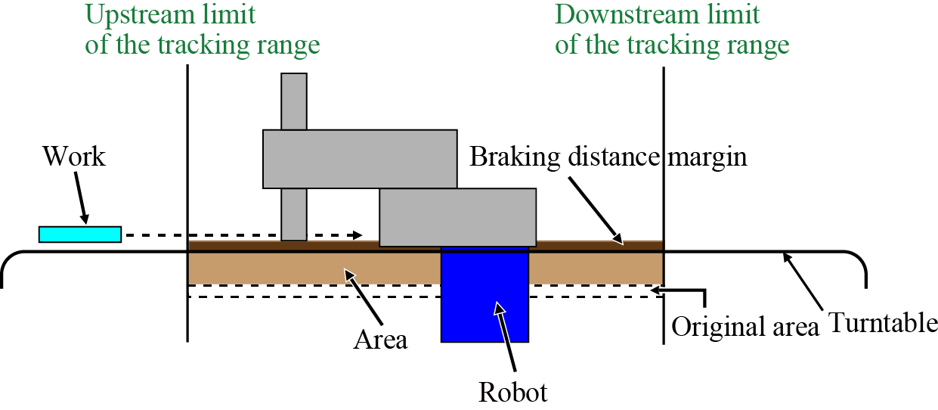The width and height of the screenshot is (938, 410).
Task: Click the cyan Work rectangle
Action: coord(80,235)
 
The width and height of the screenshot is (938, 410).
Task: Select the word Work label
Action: coord(74,157)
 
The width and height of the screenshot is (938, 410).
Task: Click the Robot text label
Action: coord(513,393)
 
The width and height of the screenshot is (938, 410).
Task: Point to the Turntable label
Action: coord(883,324)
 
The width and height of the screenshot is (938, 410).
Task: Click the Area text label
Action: coord(381,340)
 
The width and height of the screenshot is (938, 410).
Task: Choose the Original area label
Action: coord(745,327)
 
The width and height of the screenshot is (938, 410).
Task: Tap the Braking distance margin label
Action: coord(608,157)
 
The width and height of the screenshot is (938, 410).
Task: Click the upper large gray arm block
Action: coord(360,159)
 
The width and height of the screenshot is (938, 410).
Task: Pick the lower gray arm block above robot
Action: coord(457,218)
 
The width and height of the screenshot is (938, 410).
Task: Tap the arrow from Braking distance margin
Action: coord(596,207)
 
